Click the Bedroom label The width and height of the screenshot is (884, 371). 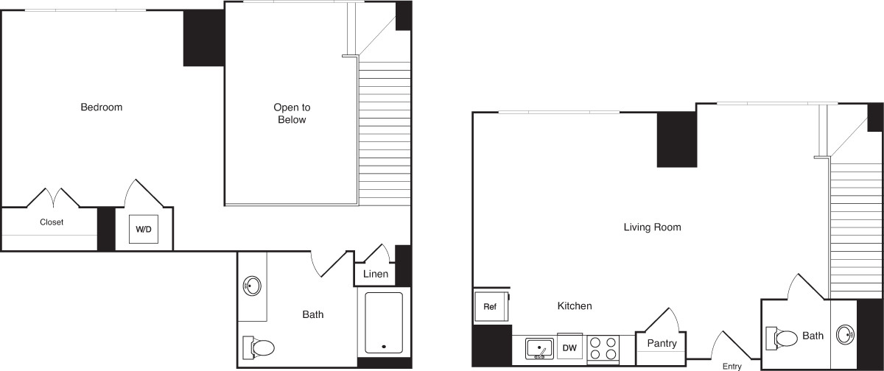click(x=102, y=107)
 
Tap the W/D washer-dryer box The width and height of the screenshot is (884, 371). click(x=144, y=229)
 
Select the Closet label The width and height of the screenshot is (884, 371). click(x=52, y=222)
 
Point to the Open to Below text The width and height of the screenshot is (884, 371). click(x=292, y=113)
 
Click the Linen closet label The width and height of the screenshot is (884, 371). click(x=376, y=274)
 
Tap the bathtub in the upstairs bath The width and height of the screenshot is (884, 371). click(x=384, y=322)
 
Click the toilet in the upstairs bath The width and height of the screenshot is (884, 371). click(x=259, y=347)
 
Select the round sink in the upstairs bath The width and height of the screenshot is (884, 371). click(x=252, y=286)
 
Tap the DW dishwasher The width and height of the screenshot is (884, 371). click(x=569, y=347)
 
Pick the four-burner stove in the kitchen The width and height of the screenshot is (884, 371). click(x=603, y=348)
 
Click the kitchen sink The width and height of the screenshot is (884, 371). click(x=539, y=348)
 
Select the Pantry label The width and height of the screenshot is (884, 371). click(x=662, y=344)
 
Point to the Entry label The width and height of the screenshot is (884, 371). click(x=732, y=367)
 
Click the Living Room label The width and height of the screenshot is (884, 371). click(x=653, y=227)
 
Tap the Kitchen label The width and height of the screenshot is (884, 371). click(x=575, y=306)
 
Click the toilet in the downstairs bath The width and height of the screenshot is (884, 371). click(x=782, y=338)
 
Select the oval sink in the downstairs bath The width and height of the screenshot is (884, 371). click(x=846, y=335)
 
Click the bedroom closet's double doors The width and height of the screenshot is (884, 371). click(x=53, y=198)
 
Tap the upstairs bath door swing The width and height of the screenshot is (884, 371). click(x=331, y=264)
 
